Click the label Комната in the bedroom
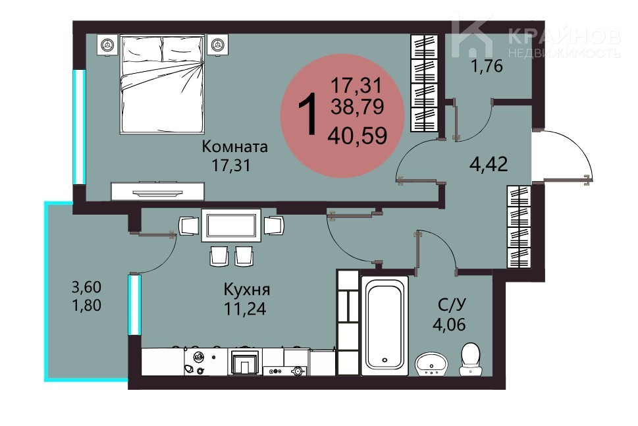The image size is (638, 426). click(x=235, y=146)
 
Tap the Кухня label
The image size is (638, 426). click(x=246, y=290)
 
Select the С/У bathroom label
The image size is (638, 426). click(x=452, y=304)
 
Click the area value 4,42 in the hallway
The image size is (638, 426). click(x=489, y=165)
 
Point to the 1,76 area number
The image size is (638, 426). click(x=487, y=65)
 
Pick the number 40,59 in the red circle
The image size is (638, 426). click(x=358, y=136)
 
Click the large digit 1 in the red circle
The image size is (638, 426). click(x=307, y=113)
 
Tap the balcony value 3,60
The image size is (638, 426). click(x=86, y=287)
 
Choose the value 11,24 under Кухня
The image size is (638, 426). click(x=245, y=308)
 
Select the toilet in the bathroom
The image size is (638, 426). click(x=470, y=359)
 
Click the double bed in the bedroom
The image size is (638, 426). click(x=162, y=84)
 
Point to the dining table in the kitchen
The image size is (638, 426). click(x=231, y=225)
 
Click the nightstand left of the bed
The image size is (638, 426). click(x=107, y=44)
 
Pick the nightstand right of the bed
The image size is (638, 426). click(x=218, y=44)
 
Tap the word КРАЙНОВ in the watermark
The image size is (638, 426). click(x=564, y=37)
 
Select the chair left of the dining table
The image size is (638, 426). click(x=189, y=225)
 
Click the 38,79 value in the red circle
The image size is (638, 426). click(x=358, y=107)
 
